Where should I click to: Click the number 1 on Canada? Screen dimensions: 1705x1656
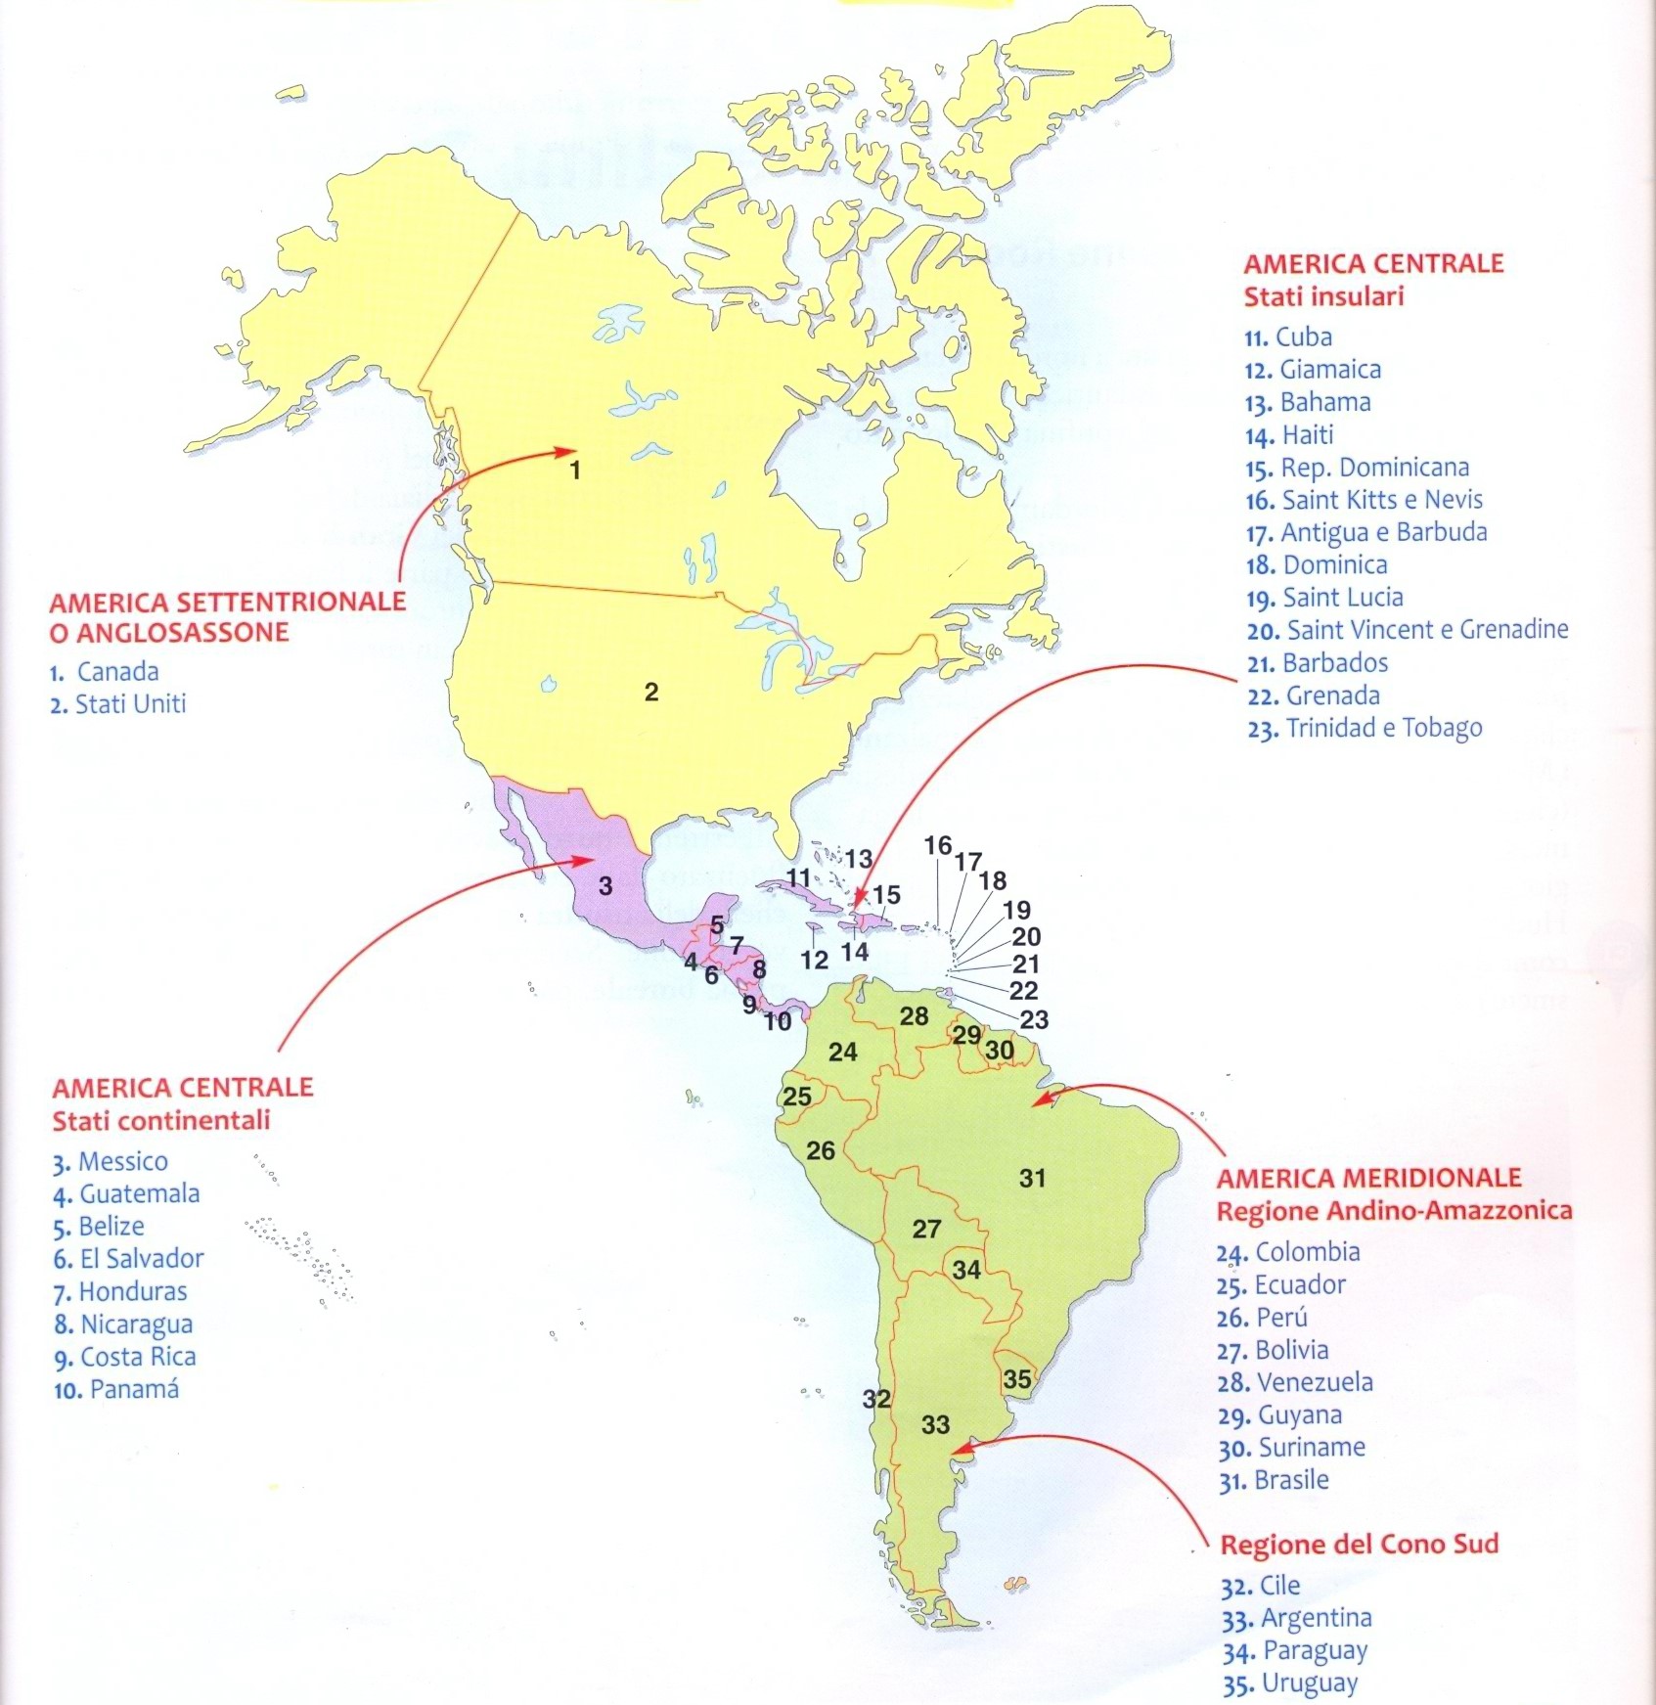pos(575,471)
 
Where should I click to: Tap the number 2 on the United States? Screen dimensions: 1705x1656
pos(651,693)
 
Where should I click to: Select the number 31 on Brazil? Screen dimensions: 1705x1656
pos(1033,1178)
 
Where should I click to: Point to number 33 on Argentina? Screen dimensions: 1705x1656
pos(935,1424)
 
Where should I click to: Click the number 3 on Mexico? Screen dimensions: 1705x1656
pos(605,885)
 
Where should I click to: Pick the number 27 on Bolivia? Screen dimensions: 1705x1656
pos(926,1229)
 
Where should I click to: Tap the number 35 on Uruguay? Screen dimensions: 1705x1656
pos(1017,1379)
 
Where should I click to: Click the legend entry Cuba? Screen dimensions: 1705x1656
pos(1303,337)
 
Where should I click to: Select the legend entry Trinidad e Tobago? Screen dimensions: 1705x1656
pos(1383,729)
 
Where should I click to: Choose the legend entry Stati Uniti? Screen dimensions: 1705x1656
pos(129,704)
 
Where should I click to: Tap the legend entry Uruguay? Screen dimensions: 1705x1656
pos(1309,1683)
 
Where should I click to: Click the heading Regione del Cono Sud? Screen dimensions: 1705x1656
pos(1359,1545)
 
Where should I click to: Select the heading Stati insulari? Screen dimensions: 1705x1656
pos(1323,296)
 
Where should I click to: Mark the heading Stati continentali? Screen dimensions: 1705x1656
pos(161,1120)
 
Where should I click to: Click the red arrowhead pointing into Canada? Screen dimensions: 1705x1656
pos(563,452)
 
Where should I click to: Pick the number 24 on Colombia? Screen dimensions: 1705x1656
pos(842,1052)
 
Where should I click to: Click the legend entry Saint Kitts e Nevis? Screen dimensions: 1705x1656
pos(1381,500)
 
